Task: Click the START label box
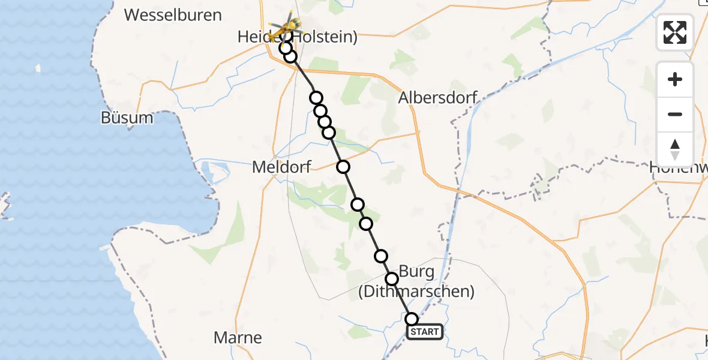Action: click(425, 332)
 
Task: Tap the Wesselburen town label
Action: click(173, 15)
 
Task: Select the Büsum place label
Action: click(127, 118)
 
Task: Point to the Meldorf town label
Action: click(281, 167)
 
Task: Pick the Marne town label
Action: click(238, 337)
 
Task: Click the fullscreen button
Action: click(675, 32)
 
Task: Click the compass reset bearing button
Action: click(675, 149)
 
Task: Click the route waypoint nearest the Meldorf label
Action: click(343, 167)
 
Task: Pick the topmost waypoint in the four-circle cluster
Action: click(316, 98)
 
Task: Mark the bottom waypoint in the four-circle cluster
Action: click(329, 132)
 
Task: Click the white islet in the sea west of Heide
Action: click(38, 68)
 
